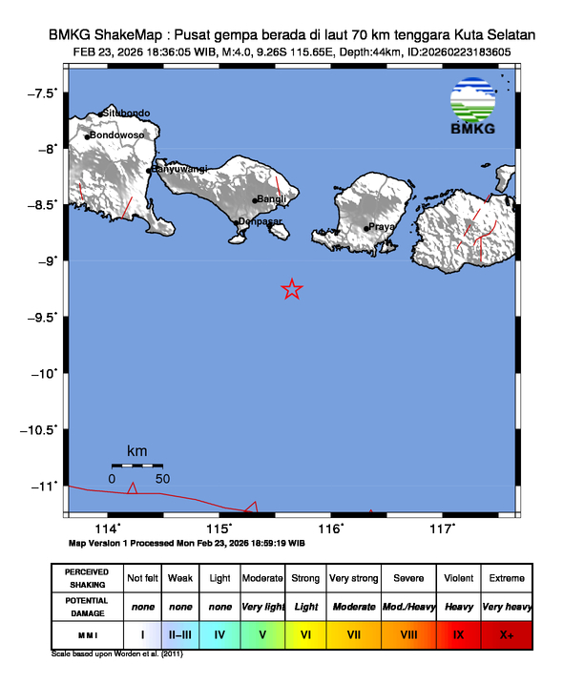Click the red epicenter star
click(292, 289)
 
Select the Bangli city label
click(272, 199)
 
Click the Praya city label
click(382, 227)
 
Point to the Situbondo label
click(127, 114)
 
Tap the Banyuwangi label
click(179, 169)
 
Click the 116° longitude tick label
click(330, 529)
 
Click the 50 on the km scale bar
click(162, 478)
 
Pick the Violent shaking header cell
click(458, 578)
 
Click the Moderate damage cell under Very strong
click(354, 607)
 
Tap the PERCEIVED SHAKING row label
click(86, 578)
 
